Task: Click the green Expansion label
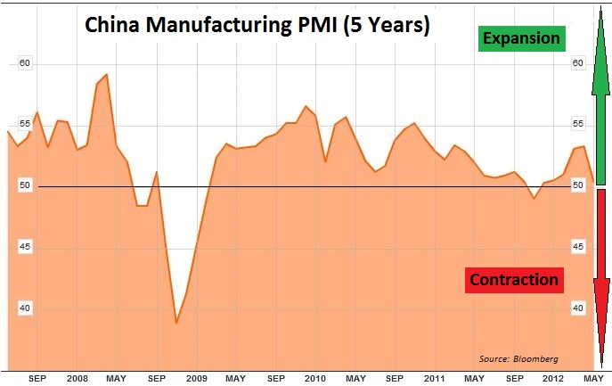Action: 521,38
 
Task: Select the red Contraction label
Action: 514,280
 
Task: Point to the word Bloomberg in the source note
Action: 536,358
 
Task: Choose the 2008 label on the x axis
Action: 77,378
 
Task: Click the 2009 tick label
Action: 196,378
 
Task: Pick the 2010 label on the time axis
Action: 315,378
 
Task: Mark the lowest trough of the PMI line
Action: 176,323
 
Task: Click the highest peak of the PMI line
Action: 107,74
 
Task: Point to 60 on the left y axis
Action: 25,63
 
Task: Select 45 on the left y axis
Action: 25,246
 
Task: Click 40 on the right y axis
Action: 577,308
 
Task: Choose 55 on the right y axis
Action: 577,124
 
